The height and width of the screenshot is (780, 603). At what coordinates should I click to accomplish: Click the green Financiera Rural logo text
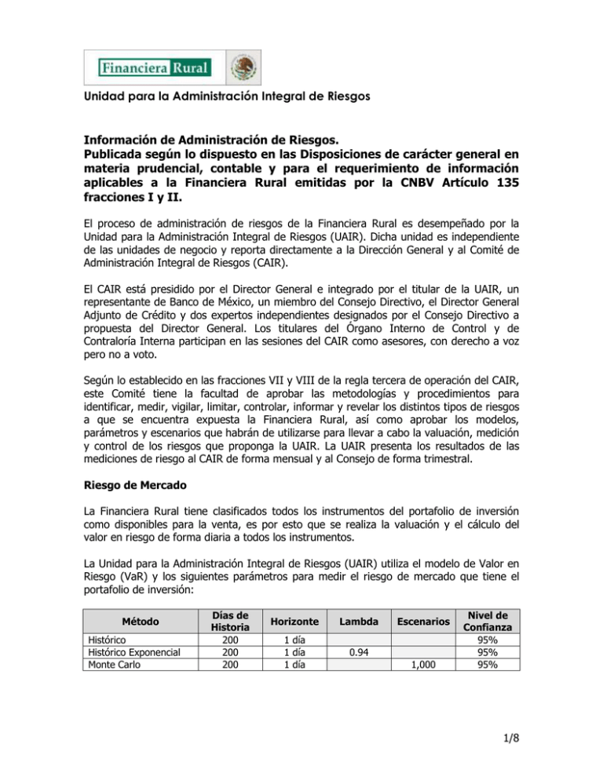[155, 68]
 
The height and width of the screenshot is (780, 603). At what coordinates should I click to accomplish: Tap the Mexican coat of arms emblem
[243, 68]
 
